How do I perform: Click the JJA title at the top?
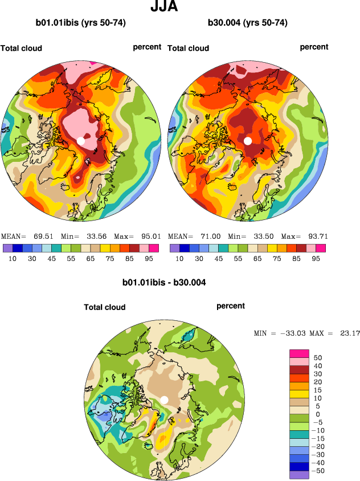coord(164,7)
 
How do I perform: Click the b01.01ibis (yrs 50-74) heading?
coord(80,23)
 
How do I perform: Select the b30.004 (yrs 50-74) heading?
coord(247,23)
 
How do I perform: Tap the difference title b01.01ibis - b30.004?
coord(164,282)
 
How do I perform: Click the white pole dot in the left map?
coord(81,140)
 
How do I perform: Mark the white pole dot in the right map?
coord(248,140)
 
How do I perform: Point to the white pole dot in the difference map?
coord(164,400)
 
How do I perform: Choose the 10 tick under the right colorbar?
coord(179,258)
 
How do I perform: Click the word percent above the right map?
coord(314,47)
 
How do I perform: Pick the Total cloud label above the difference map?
coord(104,307)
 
